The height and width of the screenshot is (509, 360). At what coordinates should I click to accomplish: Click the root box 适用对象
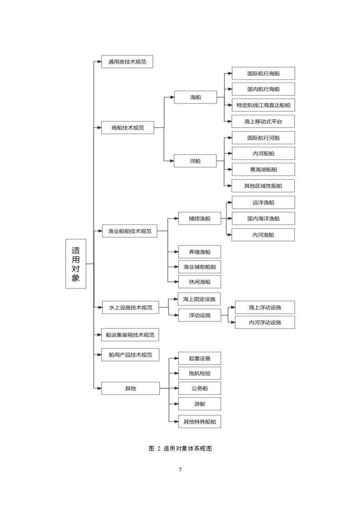tap(76, 264)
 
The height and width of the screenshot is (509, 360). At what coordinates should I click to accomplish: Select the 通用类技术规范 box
tap(127, 62)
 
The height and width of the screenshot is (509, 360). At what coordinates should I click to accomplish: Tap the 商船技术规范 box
tap(128, 127)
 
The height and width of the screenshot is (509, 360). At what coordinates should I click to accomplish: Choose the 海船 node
tap(195, 97)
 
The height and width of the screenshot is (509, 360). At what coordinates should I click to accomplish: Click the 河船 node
tap(195, 161)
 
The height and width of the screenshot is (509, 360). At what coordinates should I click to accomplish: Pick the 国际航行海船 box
tap(263, 73)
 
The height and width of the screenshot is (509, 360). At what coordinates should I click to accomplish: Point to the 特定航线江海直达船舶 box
tap(263, 105)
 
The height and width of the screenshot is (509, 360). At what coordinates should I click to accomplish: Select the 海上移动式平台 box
tap(263, 122)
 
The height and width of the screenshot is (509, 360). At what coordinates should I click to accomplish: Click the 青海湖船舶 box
tap(263, 170)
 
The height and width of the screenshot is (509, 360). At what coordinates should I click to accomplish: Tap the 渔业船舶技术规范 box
tap(130, 231)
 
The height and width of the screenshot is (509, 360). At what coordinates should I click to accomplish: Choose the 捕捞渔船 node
tap(199, 219)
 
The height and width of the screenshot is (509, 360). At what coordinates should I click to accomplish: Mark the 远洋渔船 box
tap(263, 203)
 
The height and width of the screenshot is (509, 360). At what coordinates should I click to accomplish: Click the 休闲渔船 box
tap(199, 282)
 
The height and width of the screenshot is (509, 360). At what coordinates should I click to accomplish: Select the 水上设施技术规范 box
tap(130, 308)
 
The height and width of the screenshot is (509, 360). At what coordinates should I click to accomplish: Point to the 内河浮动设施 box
tap(265, 323)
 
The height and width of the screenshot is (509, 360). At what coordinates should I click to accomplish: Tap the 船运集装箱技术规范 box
tap(130, 335)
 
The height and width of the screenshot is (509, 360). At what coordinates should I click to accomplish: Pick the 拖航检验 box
tap(199, 373)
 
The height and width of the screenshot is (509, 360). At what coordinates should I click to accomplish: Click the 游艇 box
tap(199, 404)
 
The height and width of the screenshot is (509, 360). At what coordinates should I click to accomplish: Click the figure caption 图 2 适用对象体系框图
tap(180, 448)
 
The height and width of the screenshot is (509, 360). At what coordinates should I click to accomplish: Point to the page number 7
tap(180, 470)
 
